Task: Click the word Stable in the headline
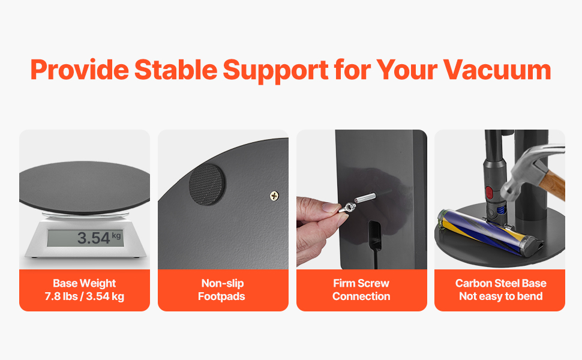[x=176, y=70]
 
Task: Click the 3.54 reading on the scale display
[x=94, y=238]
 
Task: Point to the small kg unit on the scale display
[x=116, y=235]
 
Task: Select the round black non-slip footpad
[x=207, y=184]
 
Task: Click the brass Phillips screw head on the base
[x=274, y=196]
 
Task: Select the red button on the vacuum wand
[x=489, y=193]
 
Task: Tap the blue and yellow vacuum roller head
[x=490, y=232]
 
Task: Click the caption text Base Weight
[x=84, y=283]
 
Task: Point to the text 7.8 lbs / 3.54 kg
[x=84, y=296]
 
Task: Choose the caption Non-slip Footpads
[x=222, y=289]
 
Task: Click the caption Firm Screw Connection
[x=361, y=289]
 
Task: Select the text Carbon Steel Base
[x=501, y=283]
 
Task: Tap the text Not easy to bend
[x=501, y=296]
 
